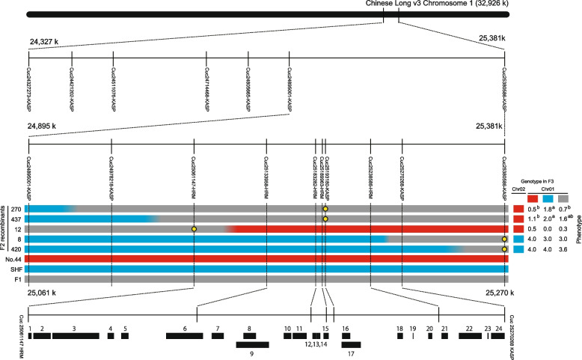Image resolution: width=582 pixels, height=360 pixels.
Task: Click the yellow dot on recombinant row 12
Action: tap(194, 228)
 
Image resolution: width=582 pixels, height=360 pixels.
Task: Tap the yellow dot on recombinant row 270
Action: tap(325, 209)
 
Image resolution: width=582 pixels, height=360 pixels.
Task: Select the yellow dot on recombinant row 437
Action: tap(325, 219)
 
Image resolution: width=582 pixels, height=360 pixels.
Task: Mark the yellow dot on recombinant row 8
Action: tap(505, 239)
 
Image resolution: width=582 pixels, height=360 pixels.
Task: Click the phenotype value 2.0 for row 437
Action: tap(542, 219)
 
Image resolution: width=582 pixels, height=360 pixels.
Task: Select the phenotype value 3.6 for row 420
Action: tap(563, 248)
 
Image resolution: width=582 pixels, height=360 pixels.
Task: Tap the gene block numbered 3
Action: tap(75, 337)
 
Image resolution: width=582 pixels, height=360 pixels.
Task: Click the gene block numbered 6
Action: tap(184, 337)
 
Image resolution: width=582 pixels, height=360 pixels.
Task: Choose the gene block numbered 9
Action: tap(252, 344)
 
